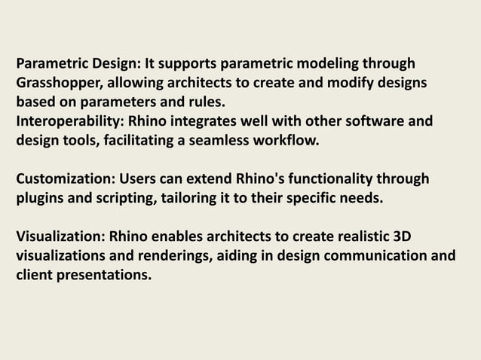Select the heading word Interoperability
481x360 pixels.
point(67,120)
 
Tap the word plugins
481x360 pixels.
point(42,198)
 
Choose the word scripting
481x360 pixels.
point(127,198)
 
